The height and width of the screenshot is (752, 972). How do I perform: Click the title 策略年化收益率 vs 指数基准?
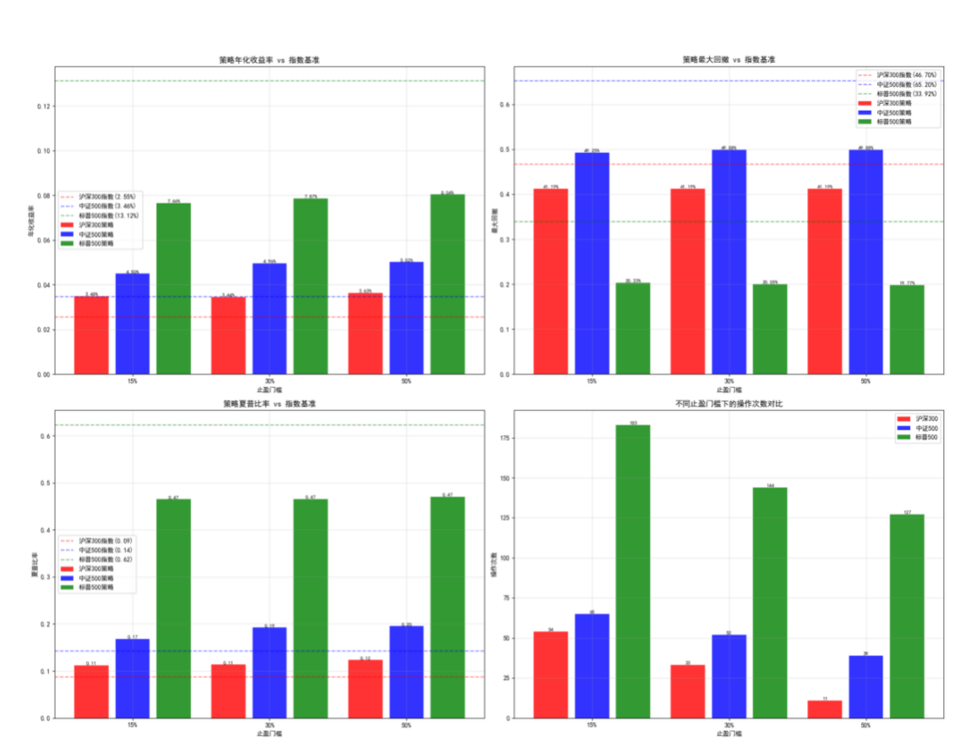[x=269, y=60]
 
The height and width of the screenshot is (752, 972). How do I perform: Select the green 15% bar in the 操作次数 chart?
[x=632, y=571]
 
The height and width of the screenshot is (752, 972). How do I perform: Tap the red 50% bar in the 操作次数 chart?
[x=824, y=709]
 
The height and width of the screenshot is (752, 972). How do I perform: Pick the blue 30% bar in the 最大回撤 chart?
[x=729, y=262]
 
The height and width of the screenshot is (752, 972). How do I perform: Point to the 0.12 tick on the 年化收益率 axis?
[x=43, y=106]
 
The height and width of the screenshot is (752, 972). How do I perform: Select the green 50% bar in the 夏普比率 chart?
[x=447, y=608]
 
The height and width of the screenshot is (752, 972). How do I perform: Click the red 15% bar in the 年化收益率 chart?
[x=91, y=335]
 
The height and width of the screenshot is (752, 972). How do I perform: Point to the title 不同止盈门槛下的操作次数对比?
[x=729, y=405]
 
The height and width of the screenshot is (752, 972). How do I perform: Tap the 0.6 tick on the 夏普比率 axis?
[x=45, y=436]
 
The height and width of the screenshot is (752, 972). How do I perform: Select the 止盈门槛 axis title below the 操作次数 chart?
[x=729, y=733]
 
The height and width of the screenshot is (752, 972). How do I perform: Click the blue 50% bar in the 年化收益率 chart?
[x=406, y=319]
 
